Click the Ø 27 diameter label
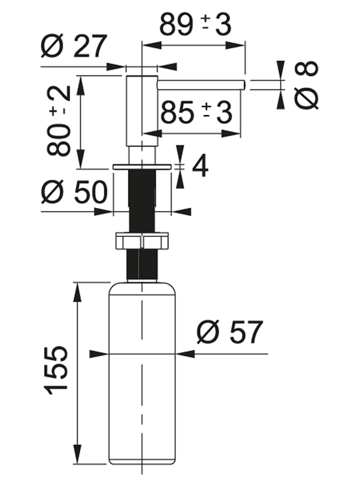coord(74,46)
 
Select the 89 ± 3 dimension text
coord(196,24)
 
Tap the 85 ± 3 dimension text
coord(196,112)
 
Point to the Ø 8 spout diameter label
coord(306,85)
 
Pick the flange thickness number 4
coord(200,166)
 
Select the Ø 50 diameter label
coord(74,192)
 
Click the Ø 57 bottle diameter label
coord(230,332)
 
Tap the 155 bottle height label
coord(56,370)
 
